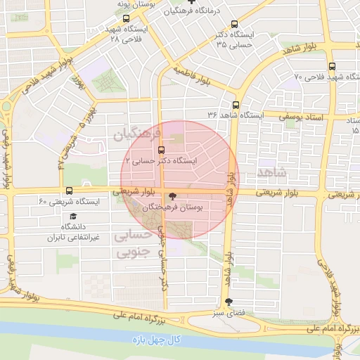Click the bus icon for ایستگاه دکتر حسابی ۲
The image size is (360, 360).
point(162,150)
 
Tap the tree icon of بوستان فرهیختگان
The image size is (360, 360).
point(173,197)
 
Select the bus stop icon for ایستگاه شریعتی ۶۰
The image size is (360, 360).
point(69,191)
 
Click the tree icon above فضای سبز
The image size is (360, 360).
point(227,302)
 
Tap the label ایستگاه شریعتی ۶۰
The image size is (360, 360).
point(69,202)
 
